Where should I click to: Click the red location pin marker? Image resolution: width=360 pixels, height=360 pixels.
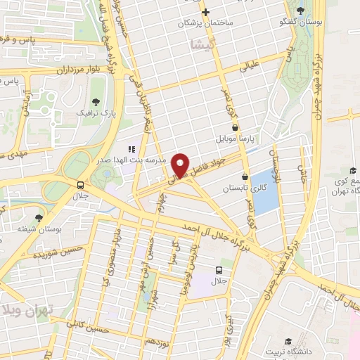tap(181, 165)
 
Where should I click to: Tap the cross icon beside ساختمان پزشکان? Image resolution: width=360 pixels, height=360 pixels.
tap(205, 13)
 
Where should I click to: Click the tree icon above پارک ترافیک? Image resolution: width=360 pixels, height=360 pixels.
tap(96, 102)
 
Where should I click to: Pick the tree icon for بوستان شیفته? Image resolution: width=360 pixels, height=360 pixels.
tap(39, 219)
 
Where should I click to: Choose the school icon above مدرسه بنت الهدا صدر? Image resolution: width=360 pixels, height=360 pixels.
tap(131, 149)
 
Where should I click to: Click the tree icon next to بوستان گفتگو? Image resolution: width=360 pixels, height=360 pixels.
tap(300, 10)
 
